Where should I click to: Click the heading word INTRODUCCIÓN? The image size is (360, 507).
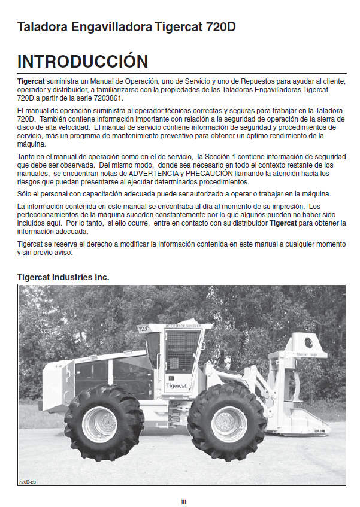[83, 62]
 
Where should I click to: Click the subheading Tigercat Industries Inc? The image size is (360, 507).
[63, 278]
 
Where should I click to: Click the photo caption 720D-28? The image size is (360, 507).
[28, 481]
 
